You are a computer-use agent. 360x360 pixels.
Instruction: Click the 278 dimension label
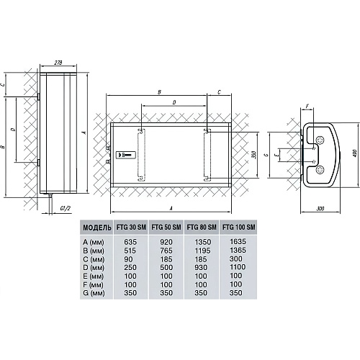58,63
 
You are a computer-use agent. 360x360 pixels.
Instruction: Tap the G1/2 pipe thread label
65,208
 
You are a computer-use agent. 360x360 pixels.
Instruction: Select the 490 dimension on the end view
355,153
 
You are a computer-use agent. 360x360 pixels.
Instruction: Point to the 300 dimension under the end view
320,208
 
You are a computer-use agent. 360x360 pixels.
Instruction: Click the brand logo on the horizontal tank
126,155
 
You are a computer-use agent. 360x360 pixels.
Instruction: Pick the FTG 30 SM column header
131,227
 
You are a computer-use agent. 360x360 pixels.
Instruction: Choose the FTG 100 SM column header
239,227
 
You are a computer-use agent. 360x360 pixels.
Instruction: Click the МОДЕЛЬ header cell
97,228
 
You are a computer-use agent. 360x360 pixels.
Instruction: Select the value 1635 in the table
238,241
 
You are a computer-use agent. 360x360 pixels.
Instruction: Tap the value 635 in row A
130,242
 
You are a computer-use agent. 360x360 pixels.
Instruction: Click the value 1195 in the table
203,251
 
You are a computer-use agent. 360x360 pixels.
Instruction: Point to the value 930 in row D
201,267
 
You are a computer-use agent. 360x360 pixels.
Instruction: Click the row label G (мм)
94,293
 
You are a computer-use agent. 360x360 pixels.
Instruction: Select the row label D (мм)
94,268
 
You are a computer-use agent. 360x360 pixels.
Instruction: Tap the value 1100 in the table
238,267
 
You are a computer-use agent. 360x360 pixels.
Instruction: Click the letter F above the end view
307,105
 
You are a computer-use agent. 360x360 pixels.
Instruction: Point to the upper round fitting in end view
320,140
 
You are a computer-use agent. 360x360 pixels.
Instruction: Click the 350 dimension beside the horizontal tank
255,155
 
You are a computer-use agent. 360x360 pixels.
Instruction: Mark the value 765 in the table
166,251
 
